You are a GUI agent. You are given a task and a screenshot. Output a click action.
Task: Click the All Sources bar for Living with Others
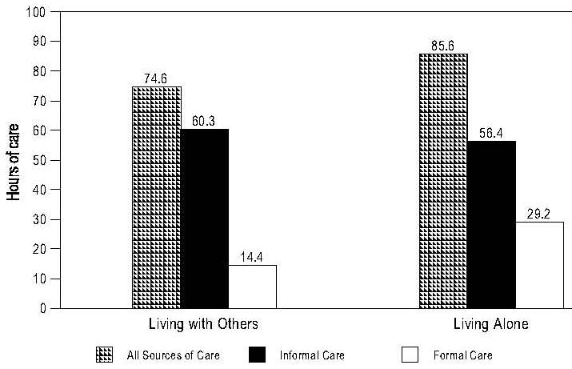pos(157,197)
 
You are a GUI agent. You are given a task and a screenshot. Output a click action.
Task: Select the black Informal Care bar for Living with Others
pos(205,219)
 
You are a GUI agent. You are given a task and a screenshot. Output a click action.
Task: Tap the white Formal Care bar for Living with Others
pos(252,287)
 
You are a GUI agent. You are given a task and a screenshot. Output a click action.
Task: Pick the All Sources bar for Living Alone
pos(443,181)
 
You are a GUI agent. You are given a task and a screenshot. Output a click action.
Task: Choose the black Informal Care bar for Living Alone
pos(491,224)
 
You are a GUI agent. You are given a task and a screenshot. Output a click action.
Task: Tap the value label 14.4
pos(252,258)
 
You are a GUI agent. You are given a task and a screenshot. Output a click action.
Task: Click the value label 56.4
pos(491,134)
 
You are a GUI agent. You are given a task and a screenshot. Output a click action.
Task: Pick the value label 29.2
pos(539,215)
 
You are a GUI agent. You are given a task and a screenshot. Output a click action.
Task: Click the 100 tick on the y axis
pos(35,13)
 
